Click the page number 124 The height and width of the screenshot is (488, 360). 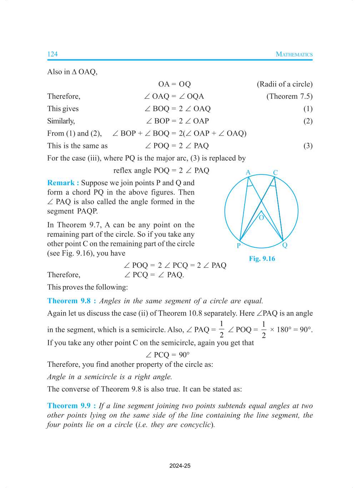52,54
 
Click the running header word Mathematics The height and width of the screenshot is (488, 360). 294,54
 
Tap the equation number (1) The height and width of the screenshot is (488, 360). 308,109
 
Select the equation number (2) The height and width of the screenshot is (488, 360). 308,121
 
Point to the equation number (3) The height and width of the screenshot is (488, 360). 308,146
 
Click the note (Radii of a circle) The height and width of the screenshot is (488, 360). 285,84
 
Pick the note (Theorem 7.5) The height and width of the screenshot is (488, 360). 289,96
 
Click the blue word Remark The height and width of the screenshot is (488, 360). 61,183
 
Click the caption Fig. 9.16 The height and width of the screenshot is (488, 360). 262,258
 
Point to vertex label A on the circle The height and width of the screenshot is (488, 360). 248,172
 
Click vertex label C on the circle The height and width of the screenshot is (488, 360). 275,173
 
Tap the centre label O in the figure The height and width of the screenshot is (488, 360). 261,218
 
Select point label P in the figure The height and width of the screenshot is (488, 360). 239,246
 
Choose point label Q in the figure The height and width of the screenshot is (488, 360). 285,245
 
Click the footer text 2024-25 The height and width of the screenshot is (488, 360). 180,465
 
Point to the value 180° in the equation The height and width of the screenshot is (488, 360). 284,330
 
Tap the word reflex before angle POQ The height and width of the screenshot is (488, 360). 122,171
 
